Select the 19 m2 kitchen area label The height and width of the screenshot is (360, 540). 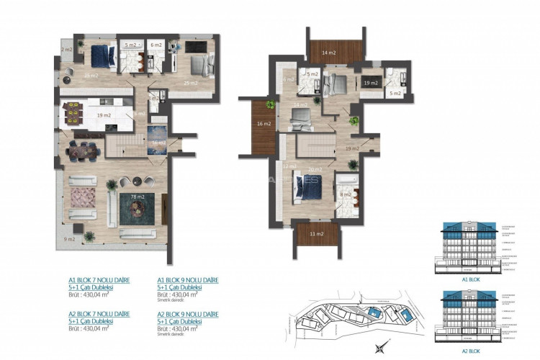click(103, 115)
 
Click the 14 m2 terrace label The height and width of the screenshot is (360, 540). click(328, 53)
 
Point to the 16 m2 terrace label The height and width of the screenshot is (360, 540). click(264, 124)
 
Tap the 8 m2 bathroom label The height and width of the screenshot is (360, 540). click(345, 194)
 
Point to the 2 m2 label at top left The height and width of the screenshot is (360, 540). click(67, 49)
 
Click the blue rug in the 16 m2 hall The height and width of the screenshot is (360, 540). click(157, 136)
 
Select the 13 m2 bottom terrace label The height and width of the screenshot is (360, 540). click(317, 234)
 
